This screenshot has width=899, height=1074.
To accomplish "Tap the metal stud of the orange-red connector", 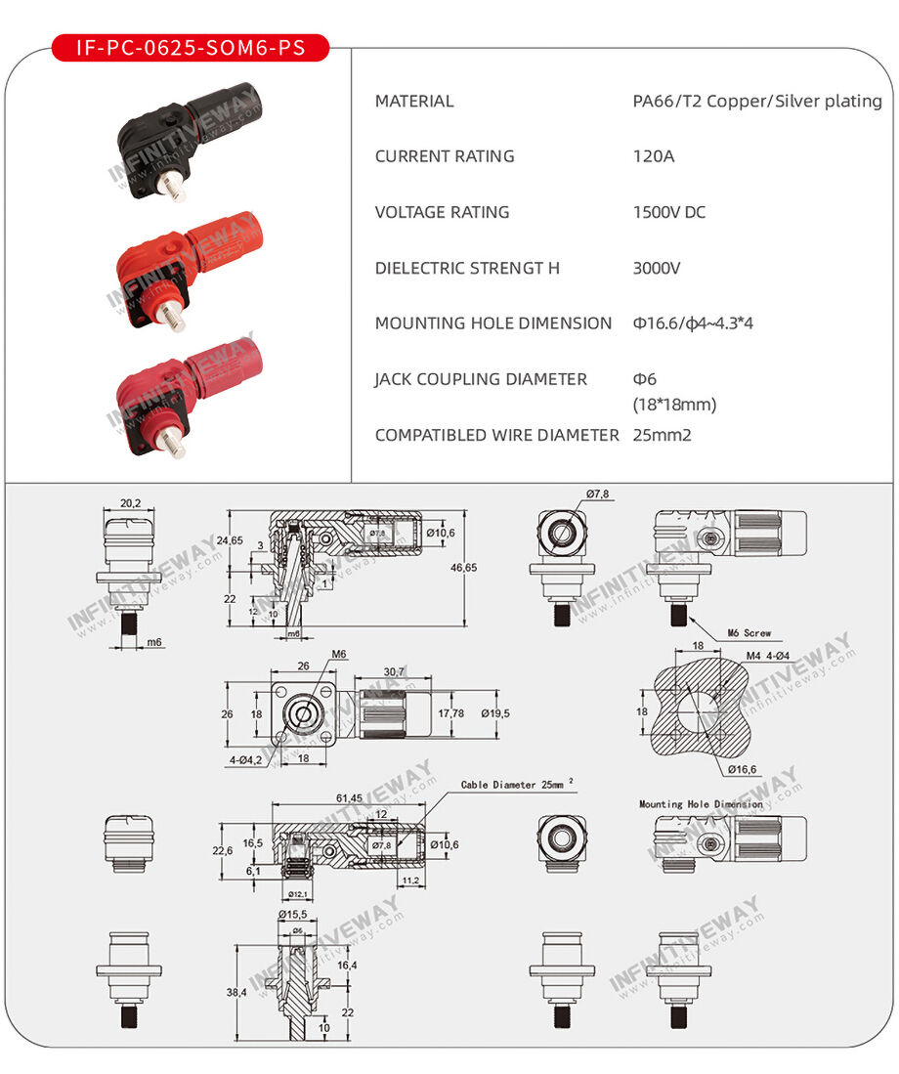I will click(171, 315).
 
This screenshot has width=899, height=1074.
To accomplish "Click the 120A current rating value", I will click(654, 156).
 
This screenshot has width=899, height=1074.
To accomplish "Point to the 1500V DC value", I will click(669, 212).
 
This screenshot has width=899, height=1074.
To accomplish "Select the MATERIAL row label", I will click(414, 101).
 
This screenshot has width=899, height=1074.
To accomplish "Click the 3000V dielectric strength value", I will click(657, 268).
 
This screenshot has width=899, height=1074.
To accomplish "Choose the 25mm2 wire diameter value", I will click(662, 435).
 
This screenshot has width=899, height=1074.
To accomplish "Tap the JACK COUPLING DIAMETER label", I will click(481, 379).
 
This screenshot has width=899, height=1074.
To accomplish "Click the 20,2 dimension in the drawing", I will click(130, 504).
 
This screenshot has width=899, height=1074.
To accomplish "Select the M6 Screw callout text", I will click(749, 633).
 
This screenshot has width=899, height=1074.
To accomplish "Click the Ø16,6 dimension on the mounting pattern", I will click(742, 769).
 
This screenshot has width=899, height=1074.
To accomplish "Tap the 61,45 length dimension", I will click(349, 798).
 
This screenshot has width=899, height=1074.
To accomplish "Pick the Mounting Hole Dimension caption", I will click(701, 804).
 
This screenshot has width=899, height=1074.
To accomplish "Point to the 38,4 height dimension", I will click(235, 992).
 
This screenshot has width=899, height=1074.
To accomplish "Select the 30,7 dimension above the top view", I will click(394, 671).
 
